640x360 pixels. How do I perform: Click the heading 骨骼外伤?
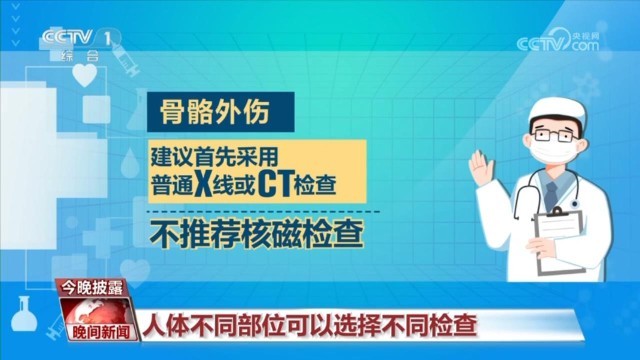pyautogui.click(x=215, y=111)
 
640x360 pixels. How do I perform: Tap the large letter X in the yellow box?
pyautogui.click(x=203, y=183)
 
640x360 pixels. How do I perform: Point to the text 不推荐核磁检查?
pyautogui.click(x=256, y=234)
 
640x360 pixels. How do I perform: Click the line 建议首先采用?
pyautogui.click(x=214, y=156)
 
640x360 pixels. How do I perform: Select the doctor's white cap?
pyautogui.click(x=558, y=110)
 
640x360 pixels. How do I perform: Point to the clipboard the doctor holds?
pyautogui.click(x=559, y=241)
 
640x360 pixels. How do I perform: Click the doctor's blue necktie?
pyautogui.click(x=551, y=195)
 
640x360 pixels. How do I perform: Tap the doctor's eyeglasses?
pyautogui.click(x=554, y=134)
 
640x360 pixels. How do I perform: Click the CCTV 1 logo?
pyautogui.click(x=81, y=43)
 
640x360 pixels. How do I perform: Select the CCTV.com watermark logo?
pyautogui.click(x=558, y=41)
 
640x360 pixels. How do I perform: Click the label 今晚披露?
pyautogui.click(x=92, y=288)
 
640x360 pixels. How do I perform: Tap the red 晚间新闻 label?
pyautogui.click(x=100, y=331)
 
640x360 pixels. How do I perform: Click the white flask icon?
pyautogui.click(x=23, y=314)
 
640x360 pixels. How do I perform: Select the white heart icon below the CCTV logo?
pyautogui.click(x=85, y=75)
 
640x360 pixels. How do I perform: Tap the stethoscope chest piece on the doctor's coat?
pyautogui.click(x=575, y=203)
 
